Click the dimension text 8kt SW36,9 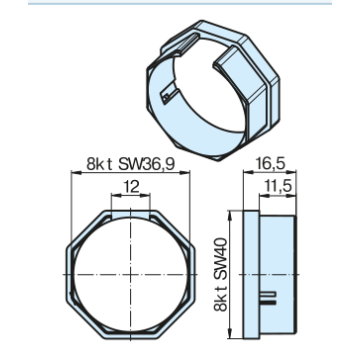tap(130, 164)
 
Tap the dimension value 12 tap(131, 187)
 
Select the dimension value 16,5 tap(270, 164)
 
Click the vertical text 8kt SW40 tap(221, 274)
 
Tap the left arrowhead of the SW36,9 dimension tap(76, 172)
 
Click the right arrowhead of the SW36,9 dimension tap(185, 172)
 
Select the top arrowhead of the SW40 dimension tap(230, 215)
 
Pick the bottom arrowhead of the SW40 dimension tap(230, 334)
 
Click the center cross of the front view tap(131, 274)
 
